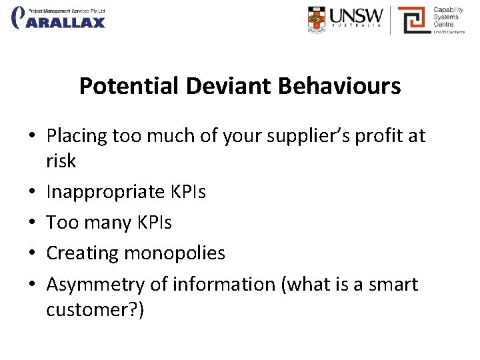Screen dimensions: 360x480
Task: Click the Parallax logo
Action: [59, 18]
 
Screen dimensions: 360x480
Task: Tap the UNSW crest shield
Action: [317, 19]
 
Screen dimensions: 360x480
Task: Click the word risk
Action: [61, 161]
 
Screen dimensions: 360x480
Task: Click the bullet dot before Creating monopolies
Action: [32, 254]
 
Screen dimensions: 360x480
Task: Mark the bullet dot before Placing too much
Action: [32, 137]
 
